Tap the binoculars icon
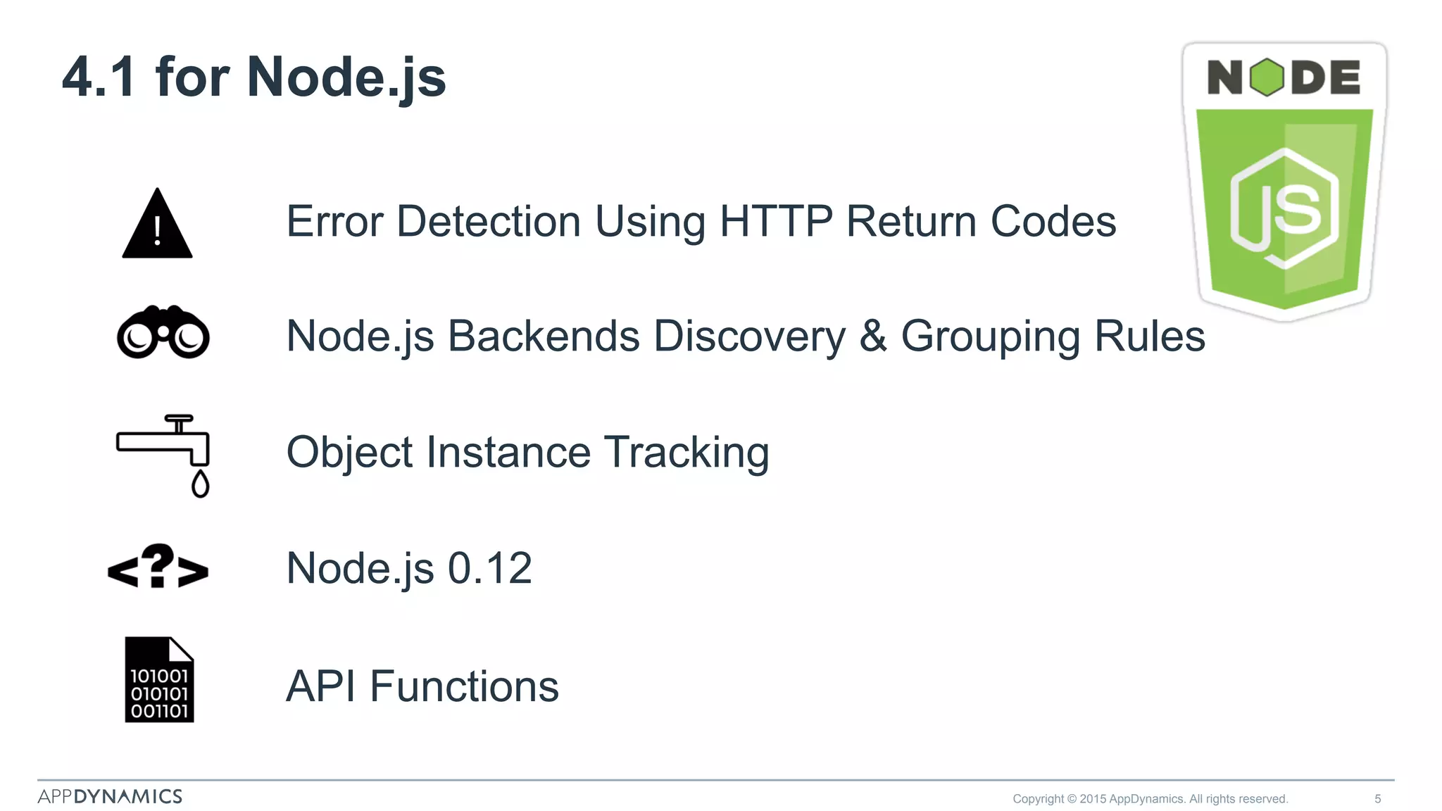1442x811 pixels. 163,334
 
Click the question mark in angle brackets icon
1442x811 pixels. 158,567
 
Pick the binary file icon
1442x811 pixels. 159,680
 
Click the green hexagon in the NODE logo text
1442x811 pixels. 1267,77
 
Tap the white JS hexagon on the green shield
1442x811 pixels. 1284,208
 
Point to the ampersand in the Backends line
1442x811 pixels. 873,337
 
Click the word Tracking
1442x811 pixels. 686,452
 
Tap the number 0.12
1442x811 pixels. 490,568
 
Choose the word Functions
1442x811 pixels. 464,686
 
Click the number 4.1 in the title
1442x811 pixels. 99,77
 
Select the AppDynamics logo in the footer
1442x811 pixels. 110,796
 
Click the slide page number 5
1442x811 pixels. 1378,799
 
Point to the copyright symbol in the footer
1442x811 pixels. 1072,799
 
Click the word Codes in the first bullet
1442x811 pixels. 1053,222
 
